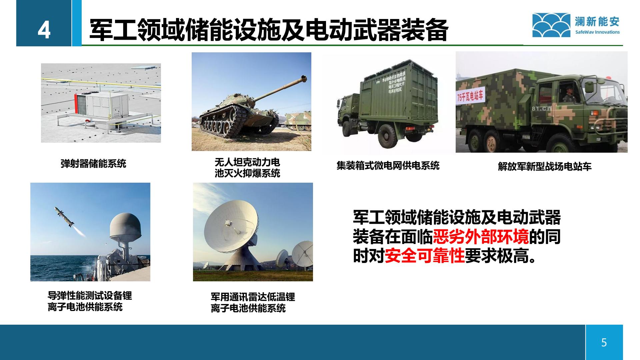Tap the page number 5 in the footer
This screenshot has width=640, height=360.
604,342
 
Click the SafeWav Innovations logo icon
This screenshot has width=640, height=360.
551,25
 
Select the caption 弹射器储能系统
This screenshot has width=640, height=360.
93,164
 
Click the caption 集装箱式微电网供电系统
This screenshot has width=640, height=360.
388,166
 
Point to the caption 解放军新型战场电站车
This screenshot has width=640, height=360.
544,167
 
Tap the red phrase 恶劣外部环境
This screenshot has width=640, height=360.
481,237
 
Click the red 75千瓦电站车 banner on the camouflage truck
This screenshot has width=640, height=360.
470,97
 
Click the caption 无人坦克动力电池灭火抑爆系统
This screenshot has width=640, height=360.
247,168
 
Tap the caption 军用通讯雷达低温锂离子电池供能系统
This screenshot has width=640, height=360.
252,302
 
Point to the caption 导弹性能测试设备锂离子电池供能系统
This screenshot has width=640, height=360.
89,301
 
